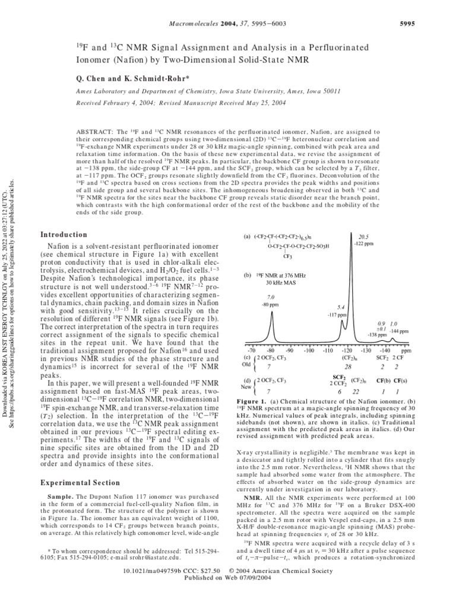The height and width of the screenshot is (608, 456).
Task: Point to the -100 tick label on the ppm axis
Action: click(308, 351)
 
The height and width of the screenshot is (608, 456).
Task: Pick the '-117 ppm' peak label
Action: click(337, 315)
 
